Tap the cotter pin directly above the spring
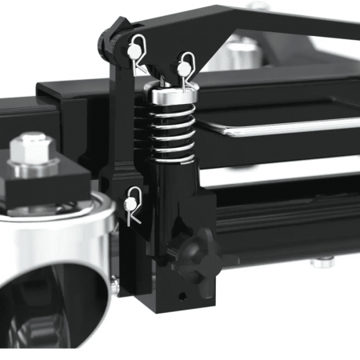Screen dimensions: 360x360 186,62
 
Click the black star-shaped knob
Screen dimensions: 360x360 195,257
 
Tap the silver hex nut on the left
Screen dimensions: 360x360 34,150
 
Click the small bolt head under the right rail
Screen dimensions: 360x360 322,261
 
